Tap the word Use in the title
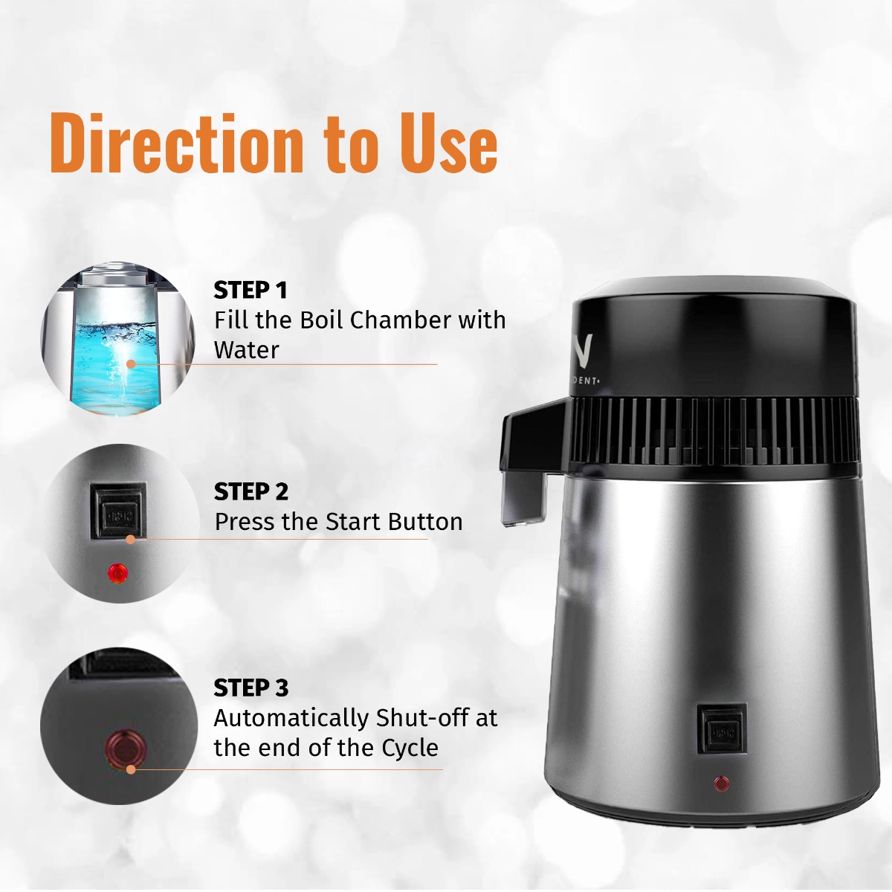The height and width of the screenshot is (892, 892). [x=449, y=143]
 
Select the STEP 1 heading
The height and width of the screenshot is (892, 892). [x=250, y=290]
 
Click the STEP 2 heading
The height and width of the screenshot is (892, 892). [x=251, y=492]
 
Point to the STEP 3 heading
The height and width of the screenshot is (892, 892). [x=251, y=688]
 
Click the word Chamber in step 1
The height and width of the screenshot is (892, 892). [x=400, y=320]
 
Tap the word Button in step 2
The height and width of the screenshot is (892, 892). [x=424, y=522]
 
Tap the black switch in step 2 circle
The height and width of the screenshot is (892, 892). [x=117, y=511]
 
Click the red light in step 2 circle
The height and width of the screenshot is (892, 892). [x=117, y=572]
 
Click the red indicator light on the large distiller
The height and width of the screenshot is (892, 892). [x=721, y=783]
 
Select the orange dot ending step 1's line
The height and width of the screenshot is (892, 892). [x=131, y=364]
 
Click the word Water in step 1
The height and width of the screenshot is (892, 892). [x=246, y=350]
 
